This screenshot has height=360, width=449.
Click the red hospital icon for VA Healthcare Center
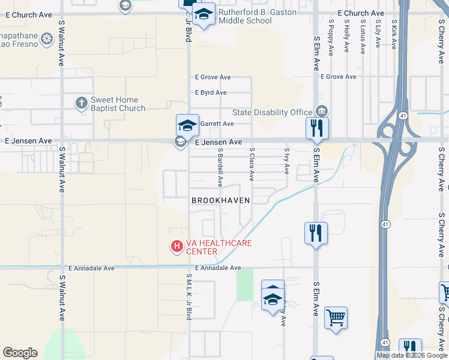(x=177, y=246)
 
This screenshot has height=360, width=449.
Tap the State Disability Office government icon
(x=322, y=111)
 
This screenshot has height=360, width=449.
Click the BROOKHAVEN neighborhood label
(x=220, y=200)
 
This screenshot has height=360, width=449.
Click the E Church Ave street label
(x=361, y=13)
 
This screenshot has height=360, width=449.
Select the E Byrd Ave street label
(x=210, y=92)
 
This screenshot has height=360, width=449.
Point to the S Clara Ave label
(x=252, y=164)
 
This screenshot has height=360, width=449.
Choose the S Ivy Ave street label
(x=287, y=161)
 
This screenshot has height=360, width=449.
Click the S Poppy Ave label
(x=331, y=35)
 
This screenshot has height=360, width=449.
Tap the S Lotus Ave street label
(x=363, y=36)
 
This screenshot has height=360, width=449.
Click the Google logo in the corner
(x=20, y=353)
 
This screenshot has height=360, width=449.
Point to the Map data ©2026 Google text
(x=412, y=355)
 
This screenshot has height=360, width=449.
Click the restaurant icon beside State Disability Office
(x=316, y=128)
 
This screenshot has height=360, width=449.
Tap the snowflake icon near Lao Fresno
(x=47, y=40)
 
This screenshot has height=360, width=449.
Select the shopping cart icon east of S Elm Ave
(x=336, y=317)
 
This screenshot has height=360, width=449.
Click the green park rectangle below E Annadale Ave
(x=244, y=284)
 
